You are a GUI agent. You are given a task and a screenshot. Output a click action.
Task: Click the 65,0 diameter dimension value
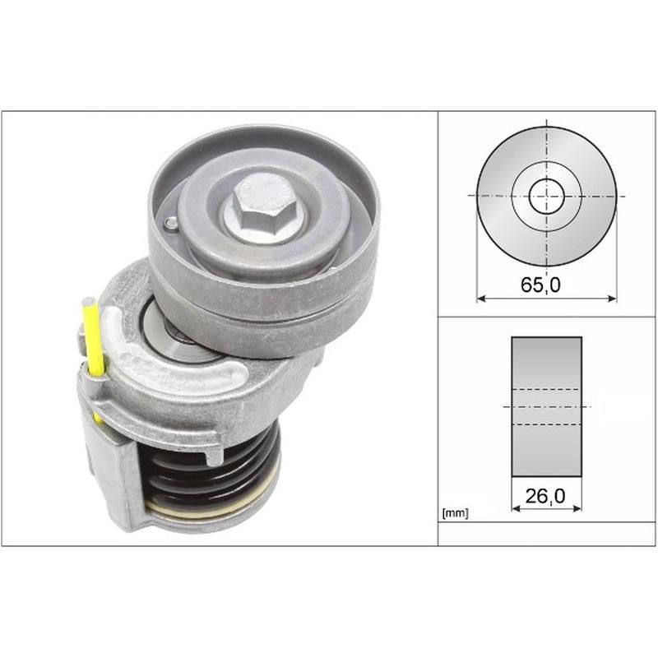tap(546, 285)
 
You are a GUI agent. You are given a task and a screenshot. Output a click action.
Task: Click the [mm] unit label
tap(455, 514)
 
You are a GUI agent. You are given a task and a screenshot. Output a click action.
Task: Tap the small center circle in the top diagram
tap(546, 196)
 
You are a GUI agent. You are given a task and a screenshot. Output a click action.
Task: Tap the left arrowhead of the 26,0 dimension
tap(515, 508)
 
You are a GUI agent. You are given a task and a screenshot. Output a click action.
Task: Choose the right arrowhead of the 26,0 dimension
tap(578, 508)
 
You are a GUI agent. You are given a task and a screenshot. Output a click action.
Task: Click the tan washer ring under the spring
tap(206, 511)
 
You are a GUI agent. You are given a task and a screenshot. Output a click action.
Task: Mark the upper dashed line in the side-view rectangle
tap(546, 389)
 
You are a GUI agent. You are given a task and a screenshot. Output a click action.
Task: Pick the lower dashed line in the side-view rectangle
tap(546, 424)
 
